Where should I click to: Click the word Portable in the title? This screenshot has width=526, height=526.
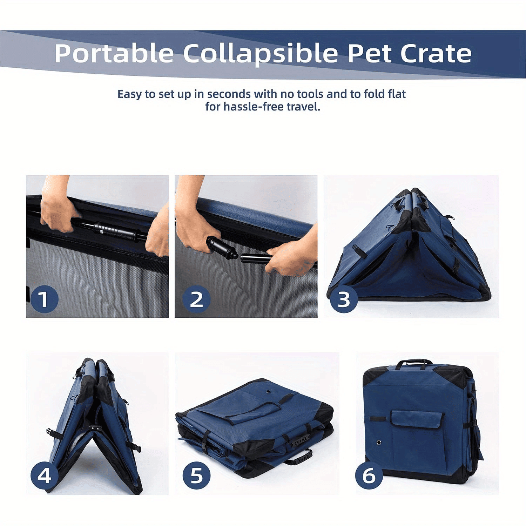click(114, 53)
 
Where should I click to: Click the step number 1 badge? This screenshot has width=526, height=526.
click(44, 299)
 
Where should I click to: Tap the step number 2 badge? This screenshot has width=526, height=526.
click(196, 299)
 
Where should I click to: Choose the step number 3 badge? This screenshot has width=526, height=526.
click(344, 299)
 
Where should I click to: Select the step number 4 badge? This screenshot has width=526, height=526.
click(44, 476)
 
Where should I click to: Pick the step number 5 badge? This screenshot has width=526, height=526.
click(196, 476)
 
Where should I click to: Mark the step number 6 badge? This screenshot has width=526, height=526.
click(369, 476)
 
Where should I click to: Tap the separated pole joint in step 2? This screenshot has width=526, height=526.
click(239, 255)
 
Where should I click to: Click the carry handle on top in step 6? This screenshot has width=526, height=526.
click(414, 363)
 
